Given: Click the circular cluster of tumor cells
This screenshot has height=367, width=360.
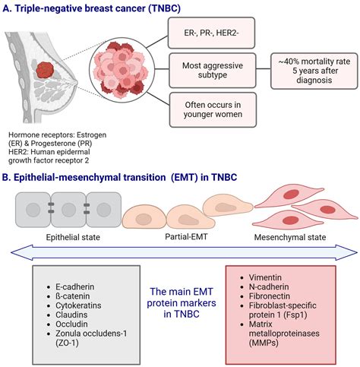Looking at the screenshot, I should pyautogui.click(x=121, y=77).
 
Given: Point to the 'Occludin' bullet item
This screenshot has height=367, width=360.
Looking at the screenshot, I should pyautogui.click(x=67, y=324).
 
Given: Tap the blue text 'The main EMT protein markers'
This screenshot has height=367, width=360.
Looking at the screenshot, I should pyautogui.click(x=180, y=297).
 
